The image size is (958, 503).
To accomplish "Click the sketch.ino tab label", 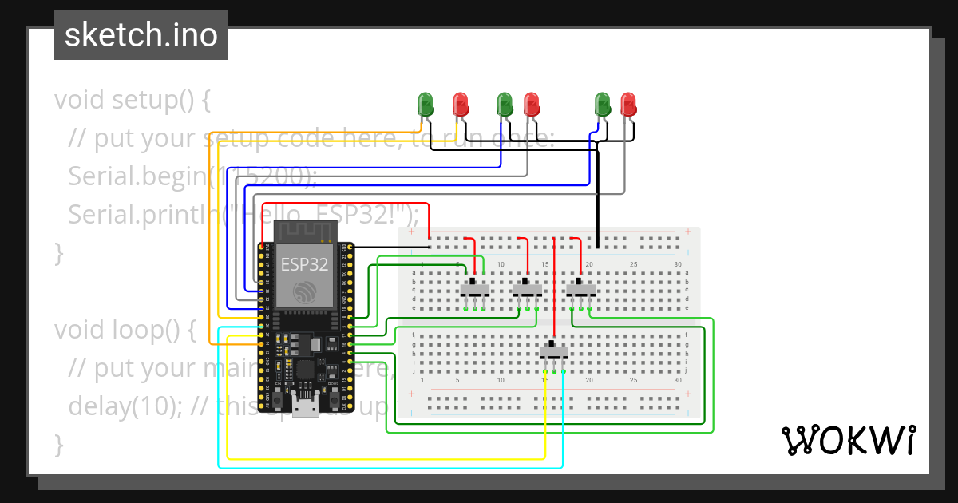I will (141, 35).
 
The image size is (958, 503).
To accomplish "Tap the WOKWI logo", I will (847, 440).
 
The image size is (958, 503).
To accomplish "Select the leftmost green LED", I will (426, 104).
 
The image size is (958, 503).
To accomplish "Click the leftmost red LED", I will (461, 104).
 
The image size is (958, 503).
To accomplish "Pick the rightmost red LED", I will (628, 104).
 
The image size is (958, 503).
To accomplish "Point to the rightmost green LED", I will (603, 104).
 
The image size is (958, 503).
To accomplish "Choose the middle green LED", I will (505, 104).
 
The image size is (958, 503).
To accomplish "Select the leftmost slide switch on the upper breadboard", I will (476, 287).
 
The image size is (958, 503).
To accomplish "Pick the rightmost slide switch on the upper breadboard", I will (581, 287).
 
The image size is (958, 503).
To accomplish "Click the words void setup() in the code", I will (132, 101).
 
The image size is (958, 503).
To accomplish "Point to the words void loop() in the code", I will (125, 330).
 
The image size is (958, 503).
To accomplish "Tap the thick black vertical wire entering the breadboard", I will (598, 200).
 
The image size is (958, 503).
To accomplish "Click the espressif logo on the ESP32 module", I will (304, 292).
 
